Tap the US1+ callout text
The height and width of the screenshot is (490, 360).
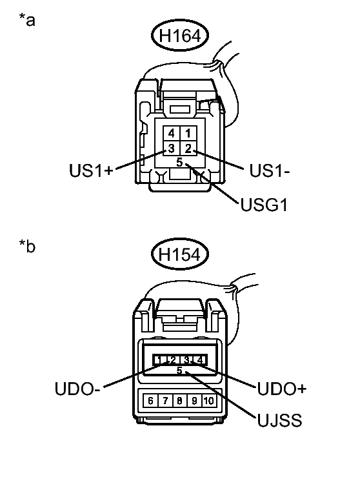[91, 171]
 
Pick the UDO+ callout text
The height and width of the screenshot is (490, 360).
[281, 389]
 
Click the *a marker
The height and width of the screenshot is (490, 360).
[27, 21]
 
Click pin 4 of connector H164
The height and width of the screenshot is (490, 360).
[171, 133]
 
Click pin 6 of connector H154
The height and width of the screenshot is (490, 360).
[150, 400]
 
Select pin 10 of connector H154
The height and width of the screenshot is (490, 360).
[208, 400]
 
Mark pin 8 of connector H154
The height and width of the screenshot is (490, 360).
[179, 400]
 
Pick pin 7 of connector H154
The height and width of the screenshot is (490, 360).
[165, 400]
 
